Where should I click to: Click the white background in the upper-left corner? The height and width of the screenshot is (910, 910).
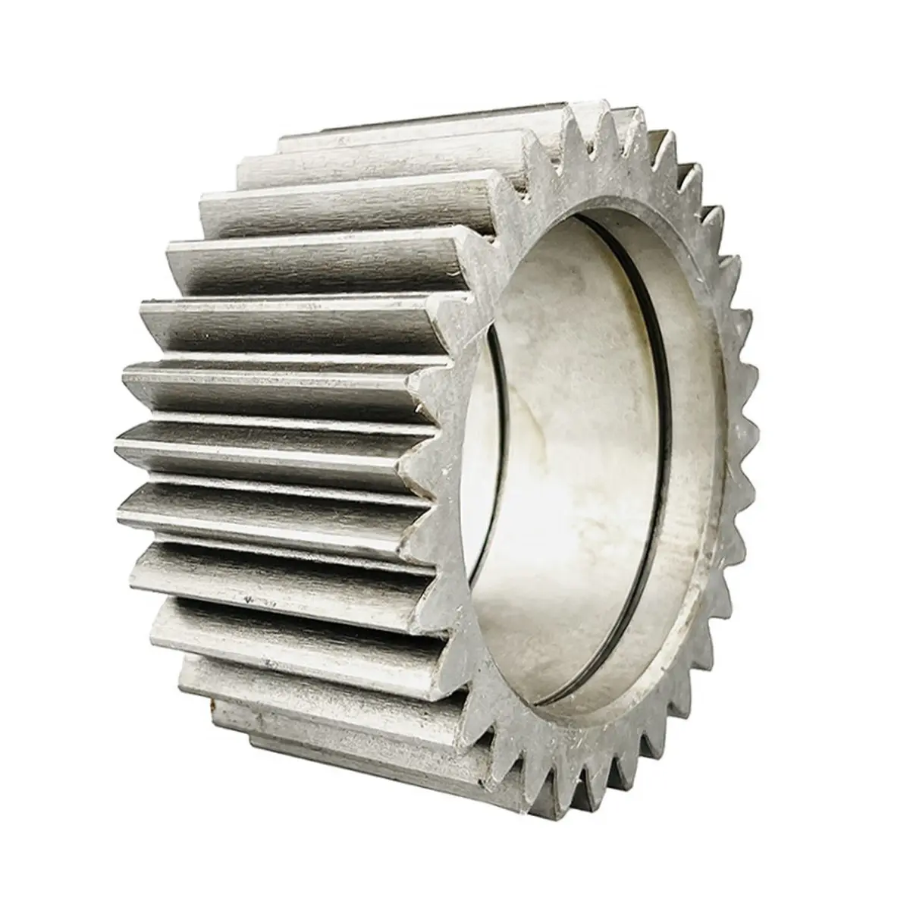tap(61, 61)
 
